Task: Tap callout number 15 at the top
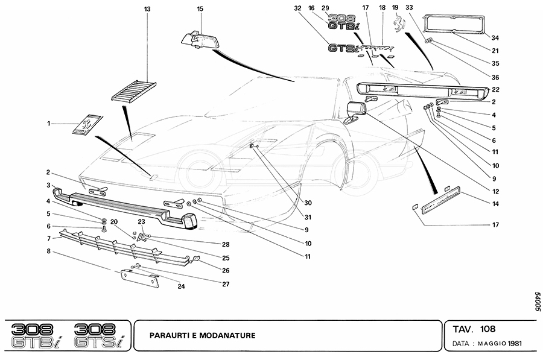(200, 9)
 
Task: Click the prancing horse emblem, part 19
(398, 27)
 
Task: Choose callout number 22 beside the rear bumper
(494, 89)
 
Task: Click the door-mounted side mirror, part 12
(356, 112)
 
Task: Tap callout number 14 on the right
(494, 204)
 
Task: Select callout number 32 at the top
(297, 9)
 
